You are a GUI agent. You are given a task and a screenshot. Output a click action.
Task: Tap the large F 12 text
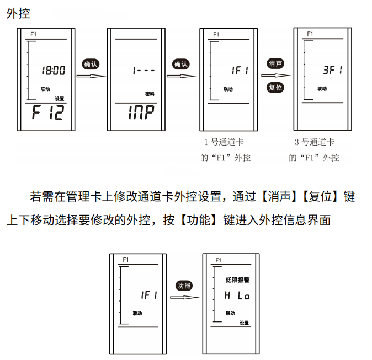point(48,114)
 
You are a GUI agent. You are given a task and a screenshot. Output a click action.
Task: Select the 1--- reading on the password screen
point(143,71)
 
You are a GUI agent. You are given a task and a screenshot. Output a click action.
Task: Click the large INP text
point(140,114)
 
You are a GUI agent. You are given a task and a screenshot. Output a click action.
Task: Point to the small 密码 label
point(150,94)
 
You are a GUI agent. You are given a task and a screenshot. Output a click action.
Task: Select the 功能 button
point(184,286)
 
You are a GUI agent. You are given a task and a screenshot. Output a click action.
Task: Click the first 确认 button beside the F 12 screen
point(90,64)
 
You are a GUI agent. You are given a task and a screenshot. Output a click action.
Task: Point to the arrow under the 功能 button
point(184,298)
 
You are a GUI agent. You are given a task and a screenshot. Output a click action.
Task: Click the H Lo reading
point(237,296)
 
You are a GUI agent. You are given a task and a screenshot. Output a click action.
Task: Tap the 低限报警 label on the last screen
point(238,280)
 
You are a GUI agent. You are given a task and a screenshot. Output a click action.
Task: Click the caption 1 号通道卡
point(225,142)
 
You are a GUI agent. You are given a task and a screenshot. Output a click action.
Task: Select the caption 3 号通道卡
point(315,142)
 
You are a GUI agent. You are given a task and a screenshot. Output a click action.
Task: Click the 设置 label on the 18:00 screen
point(59,99)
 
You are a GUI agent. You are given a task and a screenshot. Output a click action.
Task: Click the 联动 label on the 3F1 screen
point(322,88)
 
